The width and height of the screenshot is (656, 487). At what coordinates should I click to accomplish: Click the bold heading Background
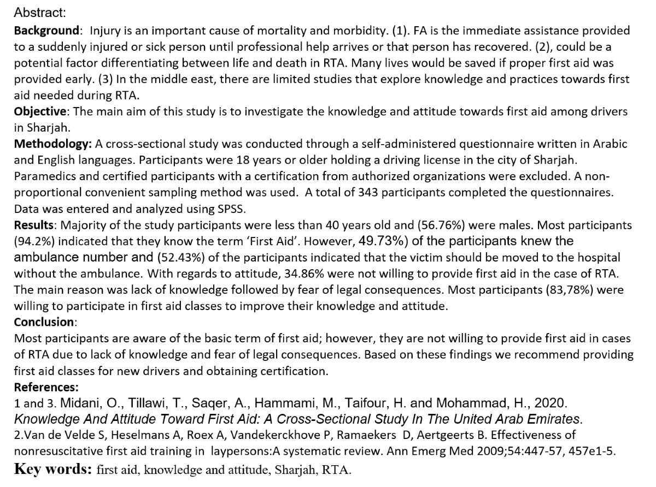pos(46,31)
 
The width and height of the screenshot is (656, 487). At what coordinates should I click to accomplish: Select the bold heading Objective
pos(40,112)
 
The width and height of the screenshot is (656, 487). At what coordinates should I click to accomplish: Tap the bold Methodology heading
pos(52,145)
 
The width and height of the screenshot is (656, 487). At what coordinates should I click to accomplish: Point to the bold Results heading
pos(35,225)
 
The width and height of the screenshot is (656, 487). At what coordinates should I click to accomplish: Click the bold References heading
pos(46,387)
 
